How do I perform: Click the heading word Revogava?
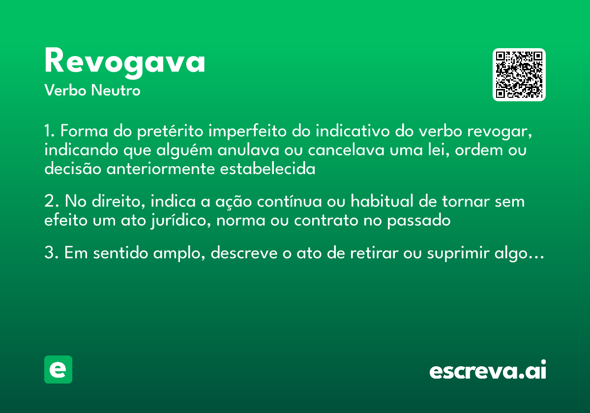[x=125, y=62]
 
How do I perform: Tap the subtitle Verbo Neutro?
[x=92, y=91]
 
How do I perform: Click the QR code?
[x=519, y=75]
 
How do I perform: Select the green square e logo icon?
[x=58, y=369]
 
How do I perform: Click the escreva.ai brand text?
[x=488, y=371]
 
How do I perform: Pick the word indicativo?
[x=351, y=133]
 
